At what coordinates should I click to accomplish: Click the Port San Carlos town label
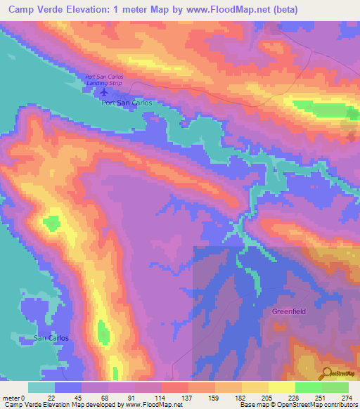click(x=127, y=103)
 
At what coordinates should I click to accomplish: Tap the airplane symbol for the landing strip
click(x=105, y=91)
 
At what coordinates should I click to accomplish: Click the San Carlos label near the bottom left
click(x=51, y=338)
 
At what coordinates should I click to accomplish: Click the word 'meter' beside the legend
click(x=12, y=398)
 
